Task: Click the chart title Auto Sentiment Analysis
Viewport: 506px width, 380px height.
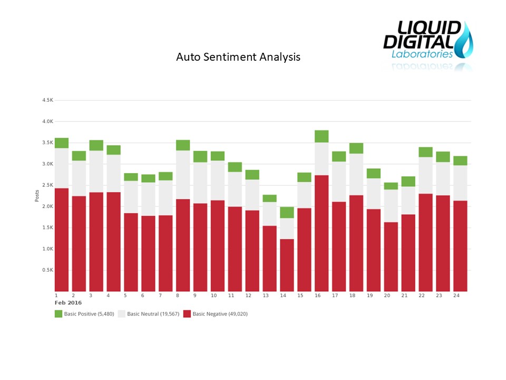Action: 238,57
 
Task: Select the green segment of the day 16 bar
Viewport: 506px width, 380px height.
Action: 322,136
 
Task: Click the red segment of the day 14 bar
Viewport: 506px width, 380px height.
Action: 287,265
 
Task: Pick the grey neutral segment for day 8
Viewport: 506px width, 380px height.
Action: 183,175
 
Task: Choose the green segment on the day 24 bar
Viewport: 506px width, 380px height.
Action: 460,160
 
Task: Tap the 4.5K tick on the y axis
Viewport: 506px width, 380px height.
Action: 47,100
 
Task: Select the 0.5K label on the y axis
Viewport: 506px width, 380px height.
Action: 47,270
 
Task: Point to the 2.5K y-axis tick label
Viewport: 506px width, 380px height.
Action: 47,185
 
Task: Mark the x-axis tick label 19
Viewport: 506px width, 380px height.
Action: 369,296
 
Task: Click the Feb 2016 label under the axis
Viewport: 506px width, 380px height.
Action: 68,303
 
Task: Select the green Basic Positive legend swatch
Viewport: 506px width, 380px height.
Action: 59,314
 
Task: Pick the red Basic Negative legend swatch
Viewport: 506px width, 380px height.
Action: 187,314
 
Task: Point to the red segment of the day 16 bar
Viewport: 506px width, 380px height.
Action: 322,233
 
